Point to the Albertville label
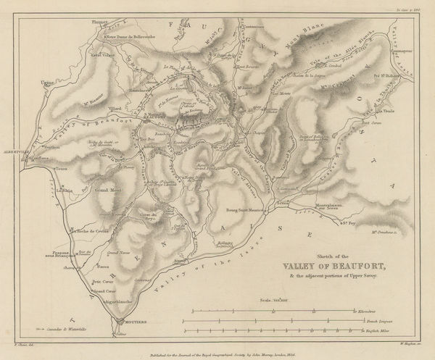point(15,152)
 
